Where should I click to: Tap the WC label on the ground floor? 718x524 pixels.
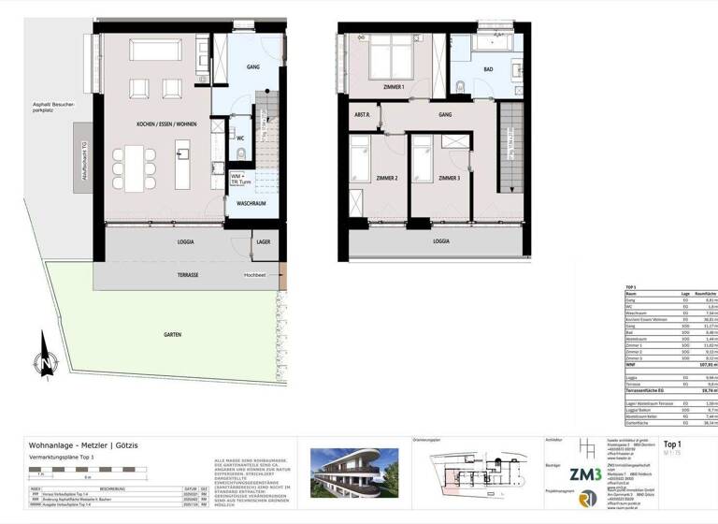coord(241,138)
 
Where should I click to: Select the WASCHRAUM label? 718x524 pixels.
coord(252,202)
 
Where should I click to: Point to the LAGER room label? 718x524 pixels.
coord(264,241)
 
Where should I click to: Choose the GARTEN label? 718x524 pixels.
coord(171,334)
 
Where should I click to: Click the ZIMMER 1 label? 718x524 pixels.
coord(395,87)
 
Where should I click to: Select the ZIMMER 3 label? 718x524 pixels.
coord(449,178)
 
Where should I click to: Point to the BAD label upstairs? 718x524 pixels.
coord(489,69)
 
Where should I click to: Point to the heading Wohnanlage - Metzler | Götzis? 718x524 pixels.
coord(82,444)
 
